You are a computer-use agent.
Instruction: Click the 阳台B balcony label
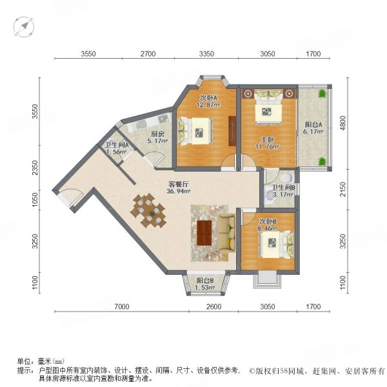(204, 281)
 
